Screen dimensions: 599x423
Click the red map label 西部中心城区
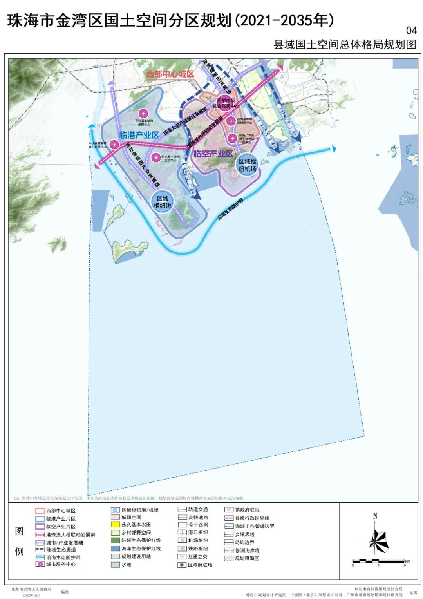(x=170, y=74)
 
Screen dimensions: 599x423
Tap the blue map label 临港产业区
(x=139, y=135)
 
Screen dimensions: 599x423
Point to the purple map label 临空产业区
(x=213, y=154)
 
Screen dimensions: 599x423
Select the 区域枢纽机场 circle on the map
(x=248, y=165)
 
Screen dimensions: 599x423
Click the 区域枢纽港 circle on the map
(x=163, y=202)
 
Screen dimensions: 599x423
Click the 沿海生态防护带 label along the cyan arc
(x=231, y=208)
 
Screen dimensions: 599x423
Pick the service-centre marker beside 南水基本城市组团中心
(x=156, y=157)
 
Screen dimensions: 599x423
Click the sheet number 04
(x=411, y=31)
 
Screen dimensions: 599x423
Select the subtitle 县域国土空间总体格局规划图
(x=345, y=45)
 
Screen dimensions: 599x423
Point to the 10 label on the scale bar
(x=404, y=566)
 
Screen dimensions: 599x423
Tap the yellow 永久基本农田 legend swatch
(x=115, y=525)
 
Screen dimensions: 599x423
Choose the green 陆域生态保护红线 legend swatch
(x=115, y=540)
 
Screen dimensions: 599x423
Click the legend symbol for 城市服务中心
(x=40, y=564)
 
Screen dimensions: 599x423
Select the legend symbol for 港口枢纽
(x=182, y=532)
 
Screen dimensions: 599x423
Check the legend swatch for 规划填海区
(x=229, y=558)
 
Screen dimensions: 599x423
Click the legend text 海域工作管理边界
(x=255, y=526)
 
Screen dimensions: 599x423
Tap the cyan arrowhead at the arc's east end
(x=334, y=149)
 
